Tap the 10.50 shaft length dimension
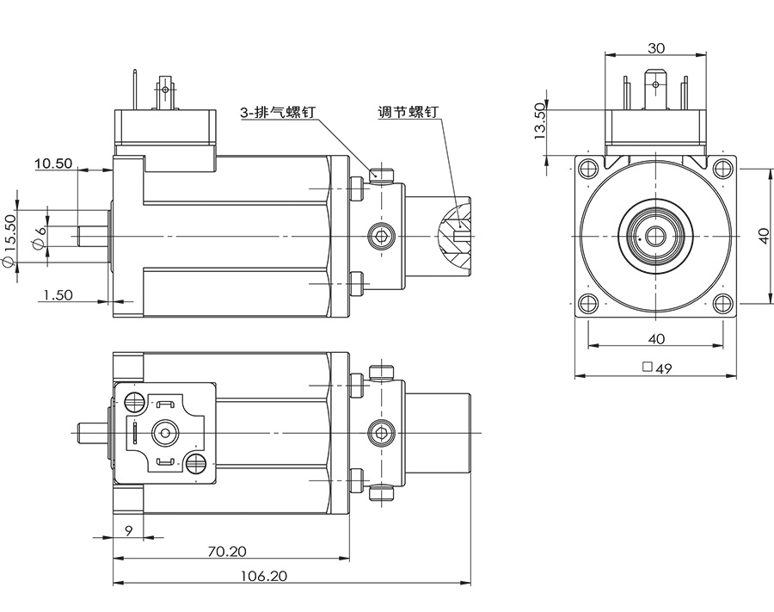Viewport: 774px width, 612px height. coord(52,164)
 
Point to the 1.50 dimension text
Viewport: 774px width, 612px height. coord(58,294)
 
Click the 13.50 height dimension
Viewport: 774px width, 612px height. coord(540,121)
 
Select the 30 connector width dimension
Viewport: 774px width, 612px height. coord(655,48)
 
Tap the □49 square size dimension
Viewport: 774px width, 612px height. coord(657,368)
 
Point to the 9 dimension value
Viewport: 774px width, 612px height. coord(128,530)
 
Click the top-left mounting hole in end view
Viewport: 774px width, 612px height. coord(587,167)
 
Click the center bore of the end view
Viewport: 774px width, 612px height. coord(655,235)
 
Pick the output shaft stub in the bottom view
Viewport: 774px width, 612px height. coord(90,430)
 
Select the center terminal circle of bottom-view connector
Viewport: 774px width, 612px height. coord(164,431)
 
